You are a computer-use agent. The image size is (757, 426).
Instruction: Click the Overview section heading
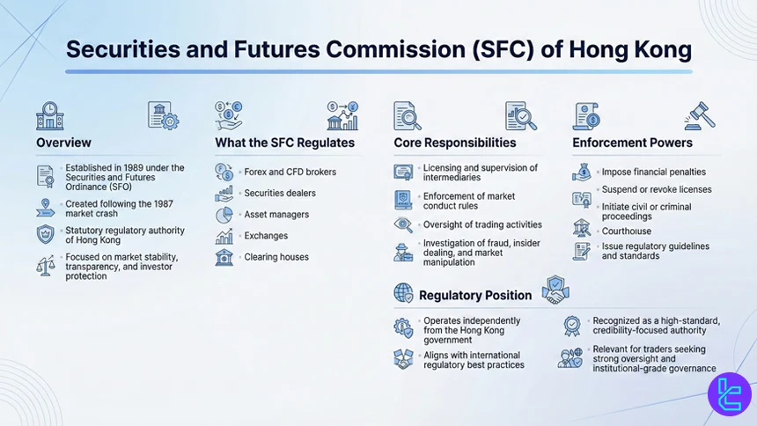click(x=63, y=143)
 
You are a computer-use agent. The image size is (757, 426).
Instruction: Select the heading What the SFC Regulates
click(x=284, y=143)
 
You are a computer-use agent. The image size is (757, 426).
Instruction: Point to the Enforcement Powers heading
click(x=632, y=143)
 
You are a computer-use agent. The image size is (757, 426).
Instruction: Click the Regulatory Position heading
click(x=475, y=295)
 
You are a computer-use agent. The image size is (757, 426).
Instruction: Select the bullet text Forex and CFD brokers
click(x=290, y=172)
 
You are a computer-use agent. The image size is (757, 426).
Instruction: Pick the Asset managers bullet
click(x=276, y=215)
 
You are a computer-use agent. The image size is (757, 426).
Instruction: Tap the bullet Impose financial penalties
click(x=653, y=172)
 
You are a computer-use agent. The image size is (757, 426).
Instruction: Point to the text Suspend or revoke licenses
click(x=657, y=189)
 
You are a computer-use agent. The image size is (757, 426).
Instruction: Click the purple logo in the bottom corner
click(x=729, y=393)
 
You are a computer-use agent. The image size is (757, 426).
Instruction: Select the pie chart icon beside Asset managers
click(x=224, y=215)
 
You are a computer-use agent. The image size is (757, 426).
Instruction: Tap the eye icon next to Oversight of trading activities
click(x=403, y=224)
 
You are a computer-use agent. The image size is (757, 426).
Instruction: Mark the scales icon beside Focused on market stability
click(x=45, y=264)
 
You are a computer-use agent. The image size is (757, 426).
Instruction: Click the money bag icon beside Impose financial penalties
click(x=581, y=172)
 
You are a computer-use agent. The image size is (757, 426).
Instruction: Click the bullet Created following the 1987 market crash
click(x=120, y=209)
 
